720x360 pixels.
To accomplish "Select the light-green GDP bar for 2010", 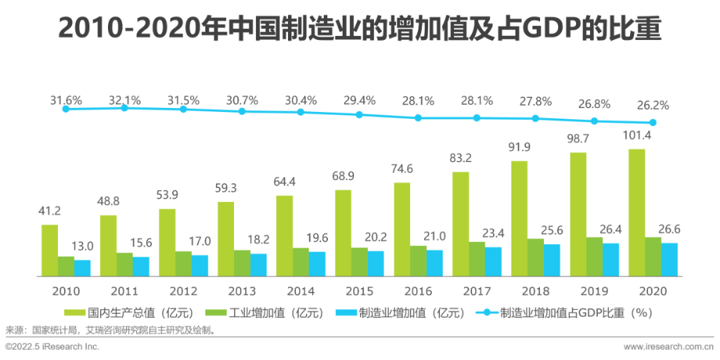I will click(x=49, y=250).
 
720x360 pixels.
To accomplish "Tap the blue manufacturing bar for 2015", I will click(x=375, y=263).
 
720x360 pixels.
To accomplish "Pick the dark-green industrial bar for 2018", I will click(x=535, y=257).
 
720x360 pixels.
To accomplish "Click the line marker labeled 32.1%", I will click(x=124, y=107).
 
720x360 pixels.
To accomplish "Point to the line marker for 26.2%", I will click(x=653, y=123).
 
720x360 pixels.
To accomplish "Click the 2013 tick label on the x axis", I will click(x=241, y=291).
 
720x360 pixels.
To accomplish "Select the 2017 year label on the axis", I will click(x=476, y=291).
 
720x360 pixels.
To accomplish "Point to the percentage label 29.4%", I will click(x=359, y=101).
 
